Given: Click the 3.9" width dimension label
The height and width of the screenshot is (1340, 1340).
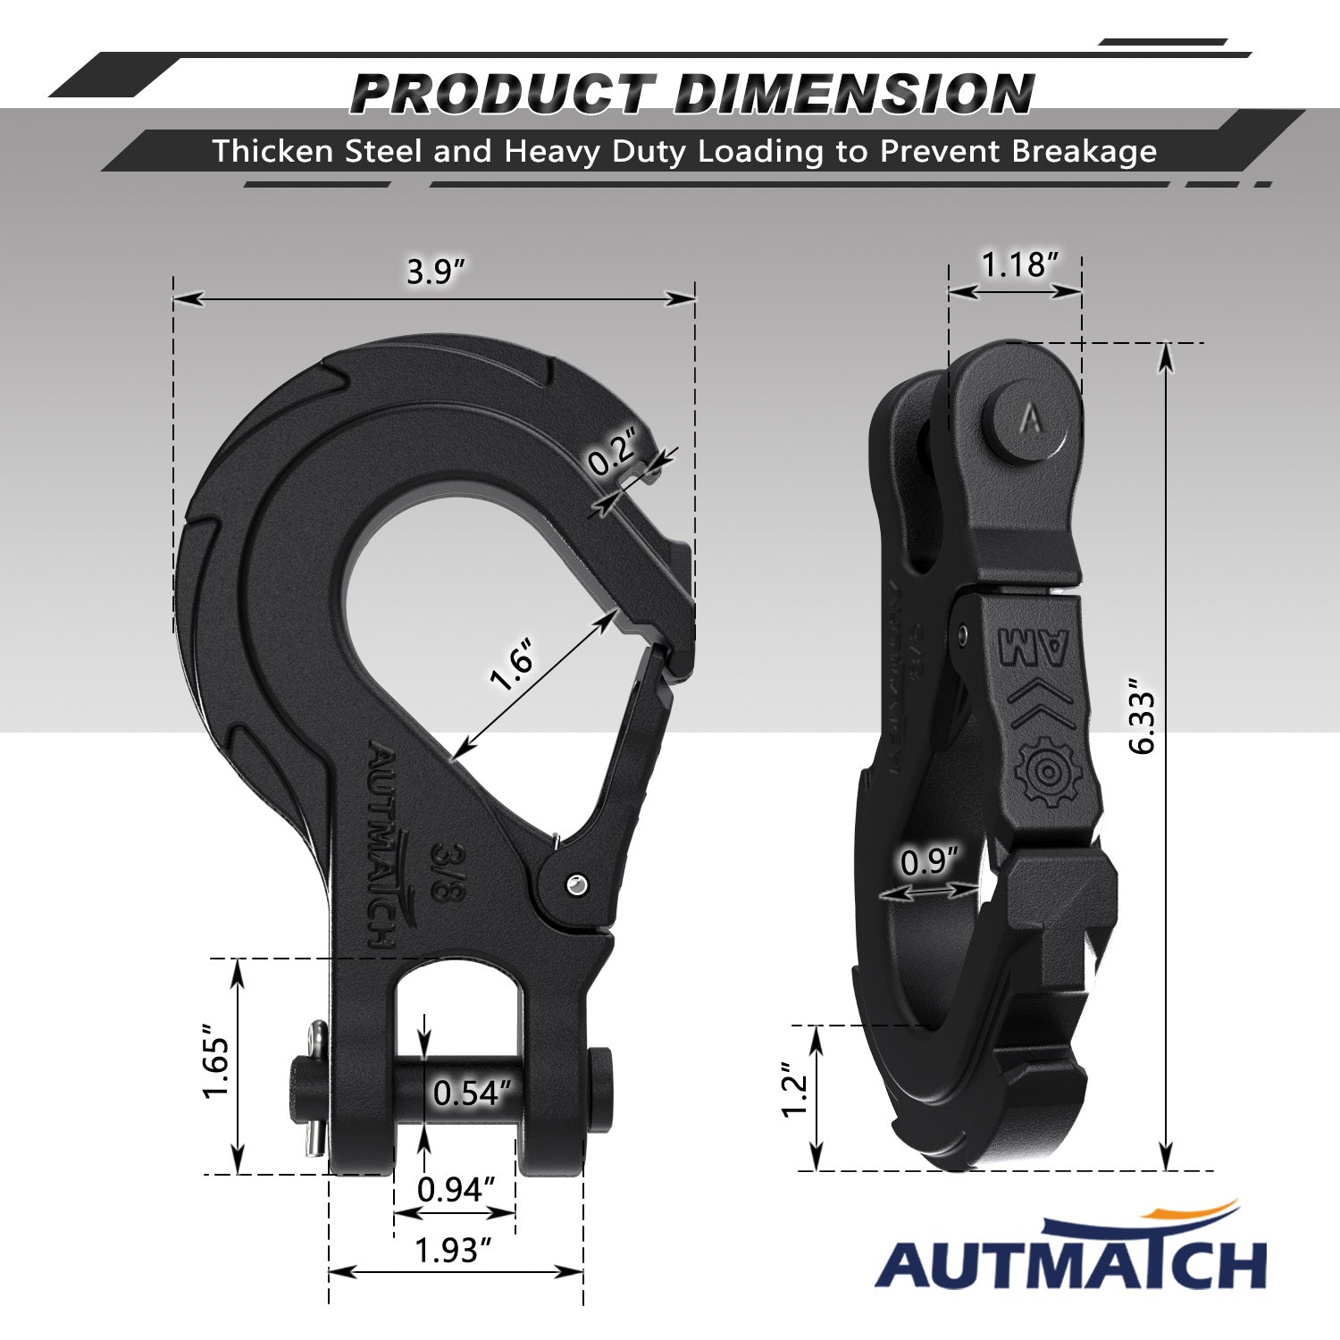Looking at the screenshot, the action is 437,271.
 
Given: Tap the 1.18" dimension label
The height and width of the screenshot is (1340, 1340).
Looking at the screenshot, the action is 1020,264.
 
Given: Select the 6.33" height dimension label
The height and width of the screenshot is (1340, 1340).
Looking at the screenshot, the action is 1143,722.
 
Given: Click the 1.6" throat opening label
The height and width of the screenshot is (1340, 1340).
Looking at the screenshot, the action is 512,666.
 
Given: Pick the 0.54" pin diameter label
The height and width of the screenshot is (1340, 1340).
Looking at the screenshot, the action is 473,1093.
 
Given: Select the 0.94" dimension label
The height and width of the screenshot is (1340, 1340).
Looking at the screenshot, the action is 456,1189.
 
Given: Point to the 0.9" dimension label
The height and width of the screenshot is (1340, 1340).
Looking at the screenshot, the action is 929,862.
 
